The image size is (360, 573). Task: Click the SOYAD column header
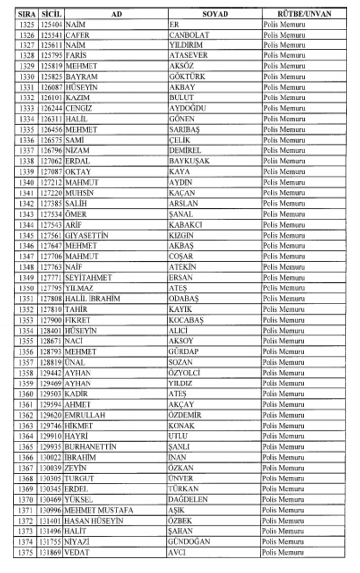[215, 14]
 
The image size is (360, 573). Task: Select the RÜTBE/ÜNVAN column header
[304, 14]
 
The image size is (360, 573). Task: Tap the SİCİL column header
[51, 14]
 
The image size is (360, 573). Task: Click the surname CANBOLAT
[189, 35]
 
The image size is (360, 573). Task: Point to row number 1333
[27, 108]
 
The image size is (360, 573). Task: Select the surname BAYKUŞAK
[189, 161]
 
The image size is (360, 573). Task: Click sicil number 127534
[51, 214]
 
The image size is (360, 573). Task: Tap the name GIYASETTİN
[87, 236]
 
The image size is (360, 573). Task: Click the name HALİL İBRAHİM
[92, 299]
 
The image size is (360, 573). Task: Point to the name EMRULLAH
[85, 415]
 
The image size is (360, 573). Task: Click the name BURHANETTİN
[91, 447]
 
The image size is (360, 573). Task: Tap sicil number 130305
[51, 478]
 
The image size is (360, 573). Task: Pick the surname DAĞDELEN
[188, 500]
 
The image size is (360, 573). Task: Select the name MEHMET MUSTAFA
[99, 510]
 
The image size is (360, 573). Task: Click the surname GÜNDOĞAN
[189, 542]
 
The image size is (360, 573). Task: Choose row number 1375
[27, 553]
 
